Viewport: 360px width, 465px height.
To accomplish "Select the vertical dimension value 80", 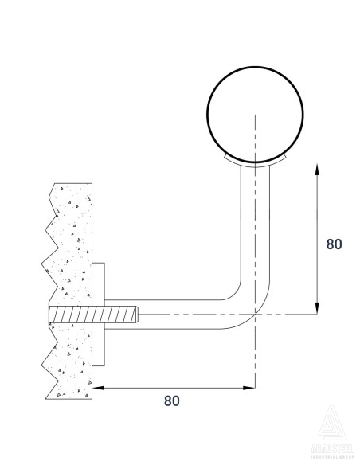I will pyautogui.click(x=335, y=244).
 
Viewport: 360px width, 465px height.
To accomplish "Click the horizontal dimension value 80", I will pyautogui.click(x=171, y=401).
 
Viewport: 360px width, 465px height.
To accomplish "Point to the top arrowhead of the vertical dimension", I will pyautogui.click(x=318, y=167).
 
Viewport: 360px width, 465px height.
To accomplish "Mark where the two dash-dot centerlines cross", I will pyautogui.click(x=255, y=315).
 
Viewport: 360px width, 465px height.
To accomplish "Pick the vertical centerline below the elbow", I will pyautogui.click(x=255, y=358).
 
